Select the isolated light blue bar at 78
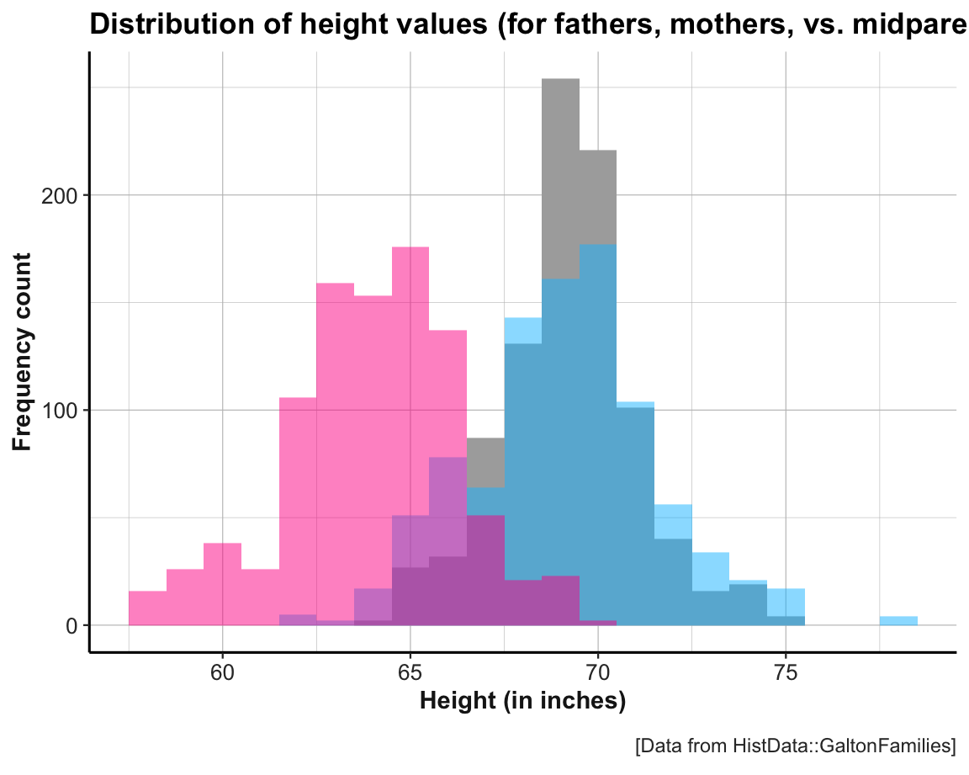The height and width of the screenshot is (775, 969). click(898, 621)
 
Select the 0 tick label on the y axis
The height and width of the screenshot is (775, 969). click(72, 626)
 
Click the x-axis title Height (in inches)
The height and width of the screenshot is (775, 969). click(522, 701)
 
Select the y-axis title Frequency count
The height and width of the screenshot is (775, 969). click(23, 352)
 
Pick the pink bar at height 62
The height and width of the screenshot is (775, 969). click(298, 505)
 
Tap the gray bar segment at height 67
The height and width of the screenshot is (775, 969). click(485, 463)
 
